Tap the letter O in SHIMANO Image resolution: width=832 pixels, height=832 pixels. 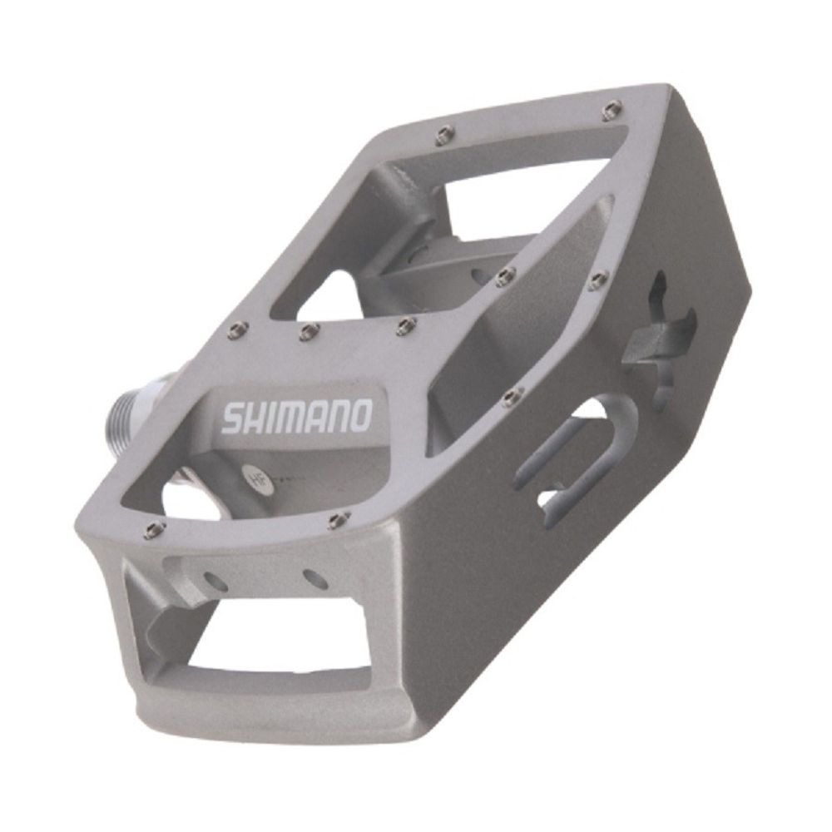pos(359,414)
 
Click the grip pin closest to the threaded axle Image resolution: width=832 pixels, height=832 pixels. pos(235,333)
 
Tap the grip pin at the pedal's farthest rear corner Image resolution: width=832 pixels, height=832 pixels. pos(613,106)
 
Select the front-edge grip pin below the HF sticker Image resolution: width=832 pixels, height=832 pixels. pos(335,522)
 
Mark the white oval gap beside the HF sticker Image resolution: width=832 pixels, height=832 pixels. pos(190,499)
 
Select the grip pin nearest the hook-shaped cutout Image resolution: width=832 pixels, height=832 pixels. pos(598,280)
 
